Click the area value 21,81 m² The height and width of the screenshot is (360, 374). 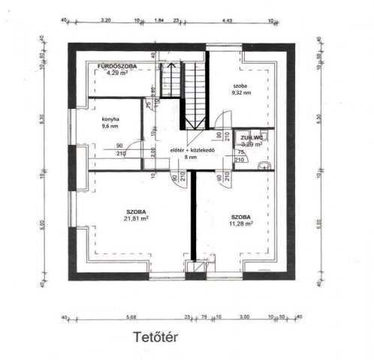click(136, 220)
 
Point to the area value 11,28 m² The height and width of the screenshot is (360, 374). click(241, 223)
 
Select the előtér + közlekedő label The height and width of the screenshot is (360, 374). click(193, 150)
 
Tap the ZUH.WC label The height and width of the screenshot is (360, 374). click(251, 139)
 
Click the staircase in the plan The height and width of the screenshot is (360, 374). click(194, 94)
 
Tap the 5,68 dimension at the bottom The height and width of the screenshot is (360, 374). click(133, 316)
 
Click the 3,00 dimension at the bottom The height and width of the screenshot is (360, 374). click(244, 316)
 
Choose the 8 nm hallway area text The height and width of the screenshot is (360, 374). click(193, 158)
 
